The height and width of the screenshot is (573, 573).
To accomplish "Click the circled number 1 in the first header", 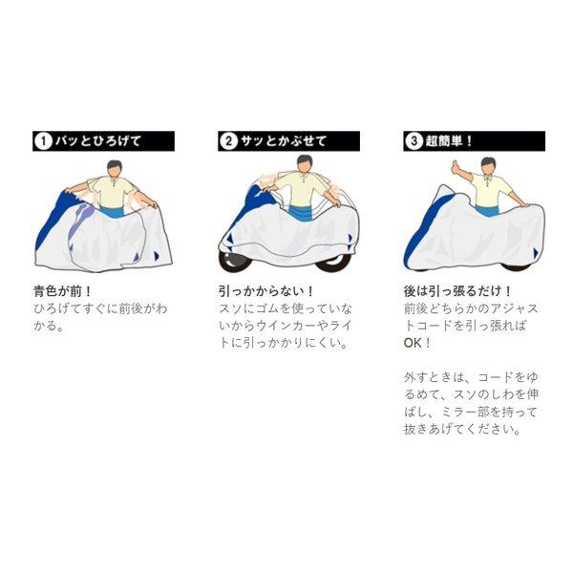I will coord(42,142).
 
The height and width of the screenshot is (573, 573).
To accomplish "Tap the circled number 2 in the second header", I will coord(227,142).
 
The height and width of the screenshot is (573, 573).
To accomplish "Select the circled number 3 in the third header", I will coord(413,142).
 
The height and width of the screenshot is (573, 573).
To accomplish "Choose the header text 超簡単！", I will coord(455,142).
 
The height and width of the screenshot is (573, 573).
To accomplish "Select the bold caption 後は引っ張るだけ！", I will coord(456,290).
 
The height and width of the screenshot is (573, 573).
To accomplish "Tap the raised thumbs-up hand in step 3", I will coord(455,169).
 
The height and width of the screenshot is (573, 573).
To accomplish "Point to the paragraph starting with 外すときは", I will coord(469,403).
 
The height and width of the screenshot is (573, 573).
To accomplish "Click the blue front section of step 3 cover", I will coord(418,229).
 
